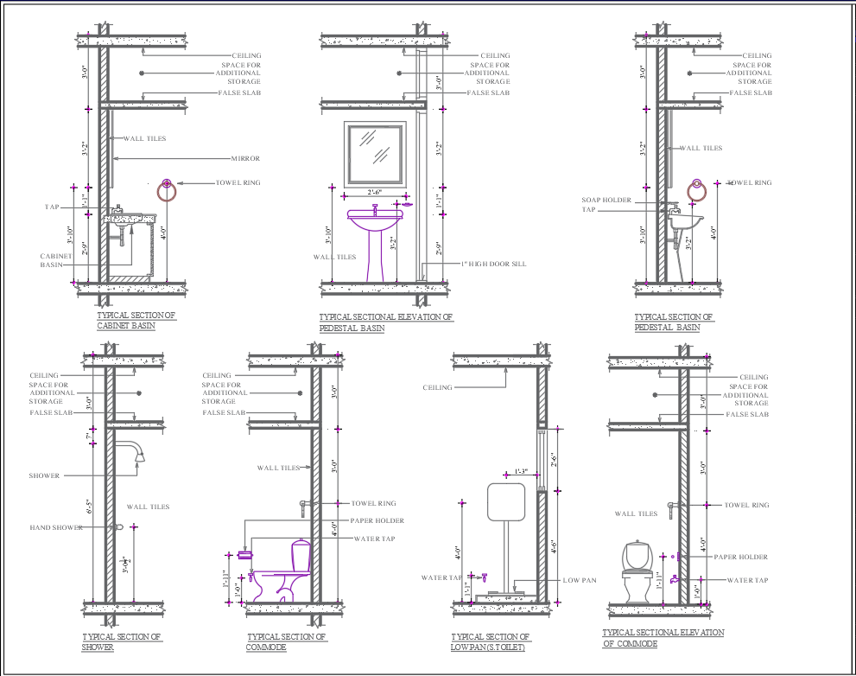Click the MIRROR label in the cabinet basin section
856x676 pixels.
click(245, 159)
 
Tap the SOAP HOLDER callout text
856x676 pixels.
click(607, 201)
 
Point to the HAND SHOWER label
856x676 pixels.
click(57, 527)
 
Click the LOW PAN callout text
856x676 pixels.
click(579, 580)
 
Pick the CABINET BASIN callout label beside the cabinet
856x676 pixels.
click(52, 260)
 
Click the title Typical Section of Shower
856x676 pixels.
click(122, 641)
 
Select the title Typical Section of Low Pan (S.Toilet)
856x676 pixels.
click(490, 641)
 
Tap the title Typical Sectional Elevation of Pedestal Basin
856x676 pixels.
click(385, 322)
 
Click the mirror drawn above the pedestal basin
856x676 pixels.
click(376, 153)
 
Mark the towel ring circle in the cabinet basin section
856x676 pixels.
click(167, 189)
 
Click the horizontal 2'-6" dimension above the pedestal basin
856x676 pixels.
click(375, 191)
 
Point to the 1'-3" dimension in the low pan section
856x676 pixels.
click(523, 471)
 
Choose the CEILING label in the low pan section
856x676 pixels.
click(437, 387)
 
